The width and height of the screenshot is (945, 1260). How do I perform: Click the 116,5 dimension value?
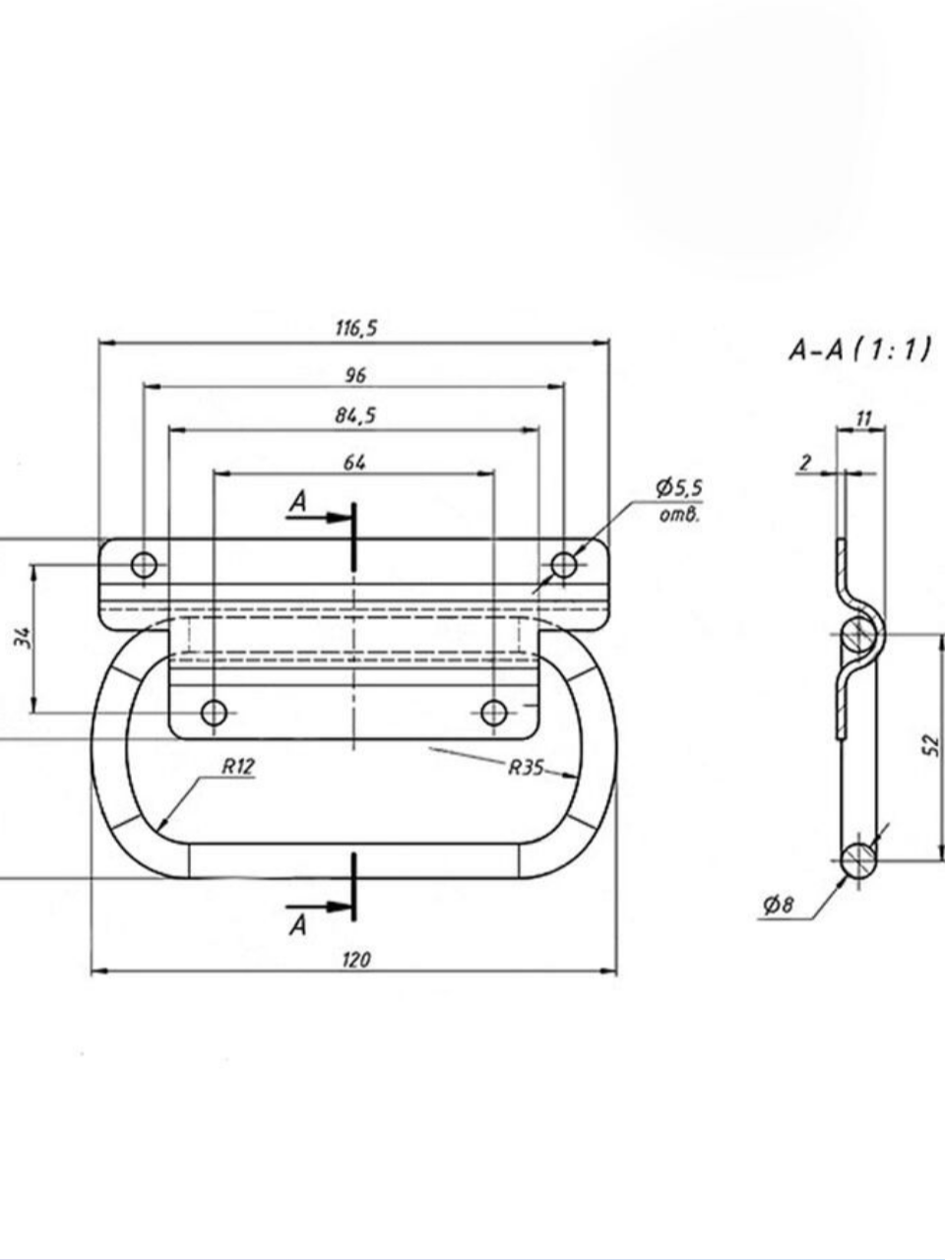(356, 329)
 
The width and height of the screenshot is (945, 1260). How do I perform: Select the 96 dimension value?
(355, 376)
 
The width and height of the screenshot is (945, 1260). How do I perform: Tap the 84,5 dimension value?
(355, 416)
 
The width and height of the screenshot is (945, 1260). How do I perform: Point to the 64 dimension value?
(354, 463)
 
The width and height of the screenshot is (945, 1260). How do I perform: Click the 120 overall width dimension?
(356, 959)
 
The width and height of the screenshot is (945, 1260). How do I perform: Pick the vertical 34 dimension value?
(23, 637)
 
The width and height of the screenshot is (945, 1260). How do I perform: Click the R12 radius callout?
(237, 767)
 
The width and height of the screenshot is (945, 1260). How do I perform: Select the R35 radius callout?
(526, 768)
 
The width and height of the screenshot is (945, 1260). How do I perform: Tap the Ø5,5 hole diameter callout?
(679, 488)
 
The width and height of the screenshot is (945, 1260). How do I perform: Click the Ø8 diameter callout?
(779, 906)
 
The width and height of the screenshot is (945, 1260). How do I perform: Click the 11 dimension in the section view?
(863, 419)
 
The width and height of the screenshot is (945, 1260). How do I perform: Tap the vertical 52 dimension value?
(933, 745)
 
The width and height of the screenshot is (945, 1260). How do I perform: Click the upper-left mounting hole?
(144, 565)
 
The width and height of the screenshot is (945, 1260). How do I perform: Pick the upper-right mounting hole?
(563, 565)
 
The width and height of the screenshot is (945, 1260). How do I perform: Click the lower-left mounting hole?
(214, 714)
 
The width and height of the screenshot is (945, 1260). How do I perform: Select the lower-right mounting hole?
(493, 714)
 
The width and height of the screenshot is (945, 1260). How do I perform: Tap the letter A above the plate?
(298, 502)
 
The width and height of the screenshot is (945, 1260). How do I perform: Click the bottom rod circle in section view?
(858, 860)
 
